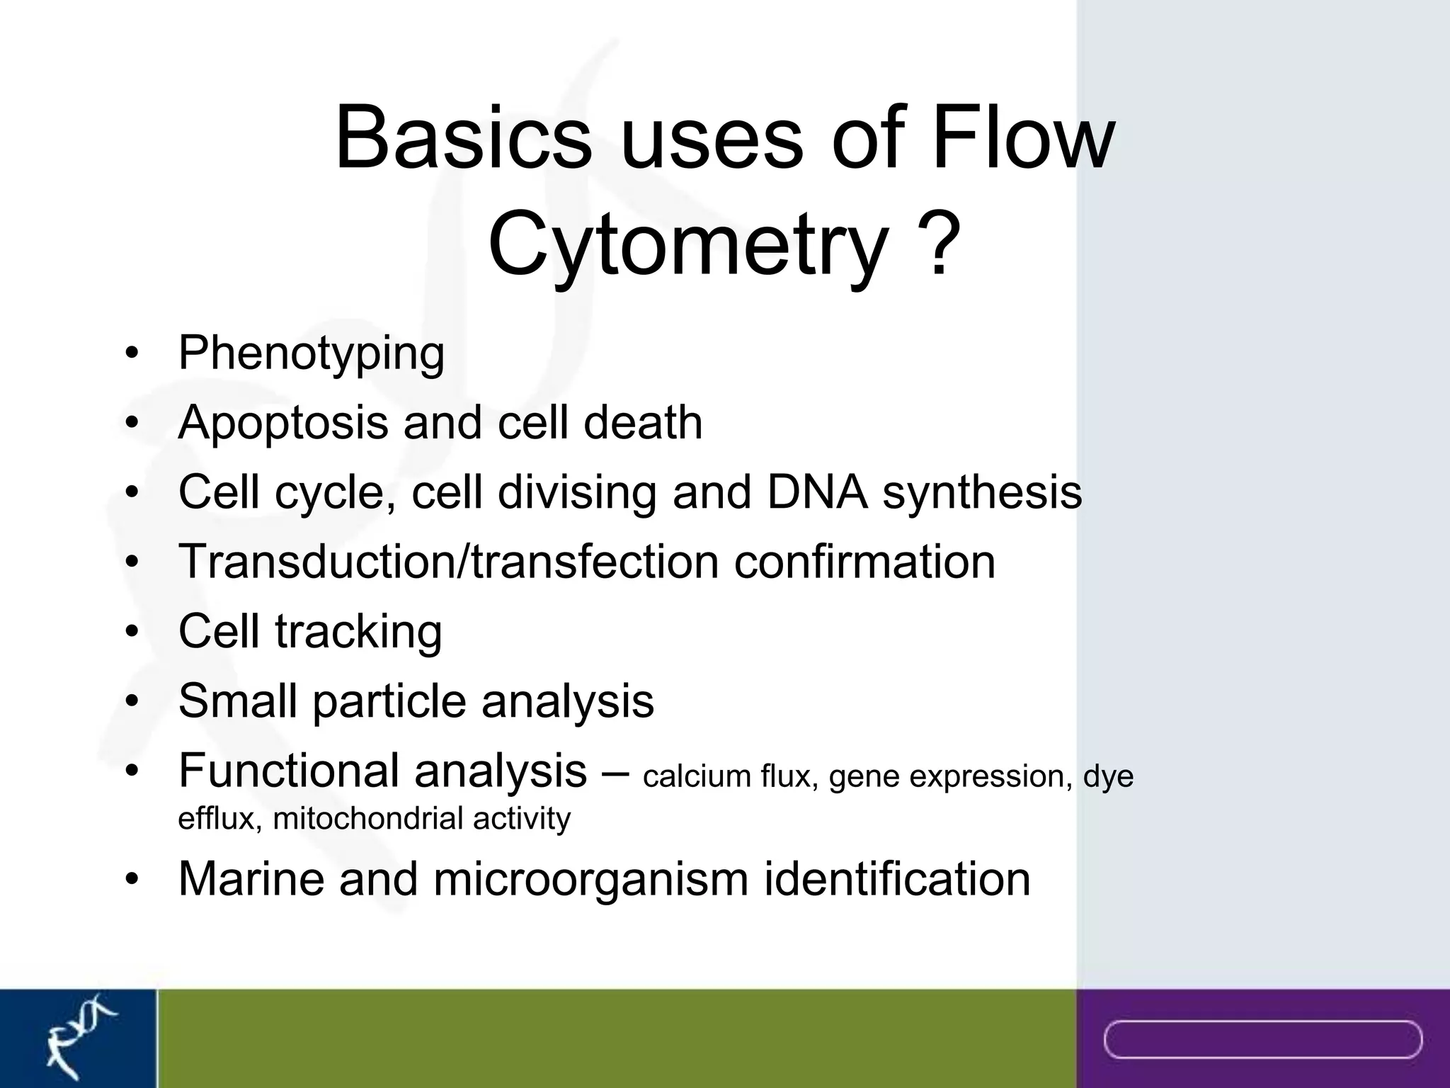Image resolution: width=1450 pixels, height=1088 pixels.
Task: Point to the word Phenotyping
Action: pos(312,354)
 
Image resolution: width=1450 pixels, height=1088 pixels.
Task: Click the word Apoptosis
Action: pos(283,424)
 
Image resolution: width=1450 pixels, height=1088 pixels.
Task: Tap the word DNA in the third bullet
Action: pos(817,492)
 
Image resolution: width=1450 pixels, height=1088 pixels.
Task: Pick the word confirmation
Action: pos(864,561)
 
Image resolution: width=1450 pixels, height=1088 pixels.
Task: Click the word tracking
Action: pos(358,630)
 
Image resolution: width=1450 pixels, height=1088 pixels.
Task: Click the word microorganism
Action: pos(590,879)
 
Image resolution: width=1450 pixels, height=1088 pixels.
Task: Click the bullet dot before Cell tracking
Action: pos(131,632)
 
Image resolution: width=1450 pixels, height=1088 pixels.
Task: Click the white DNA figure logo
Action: pos(78,1037)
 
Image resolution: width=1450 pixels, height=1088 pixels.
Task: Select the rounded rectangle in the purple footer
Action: pos(1263,1039)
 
